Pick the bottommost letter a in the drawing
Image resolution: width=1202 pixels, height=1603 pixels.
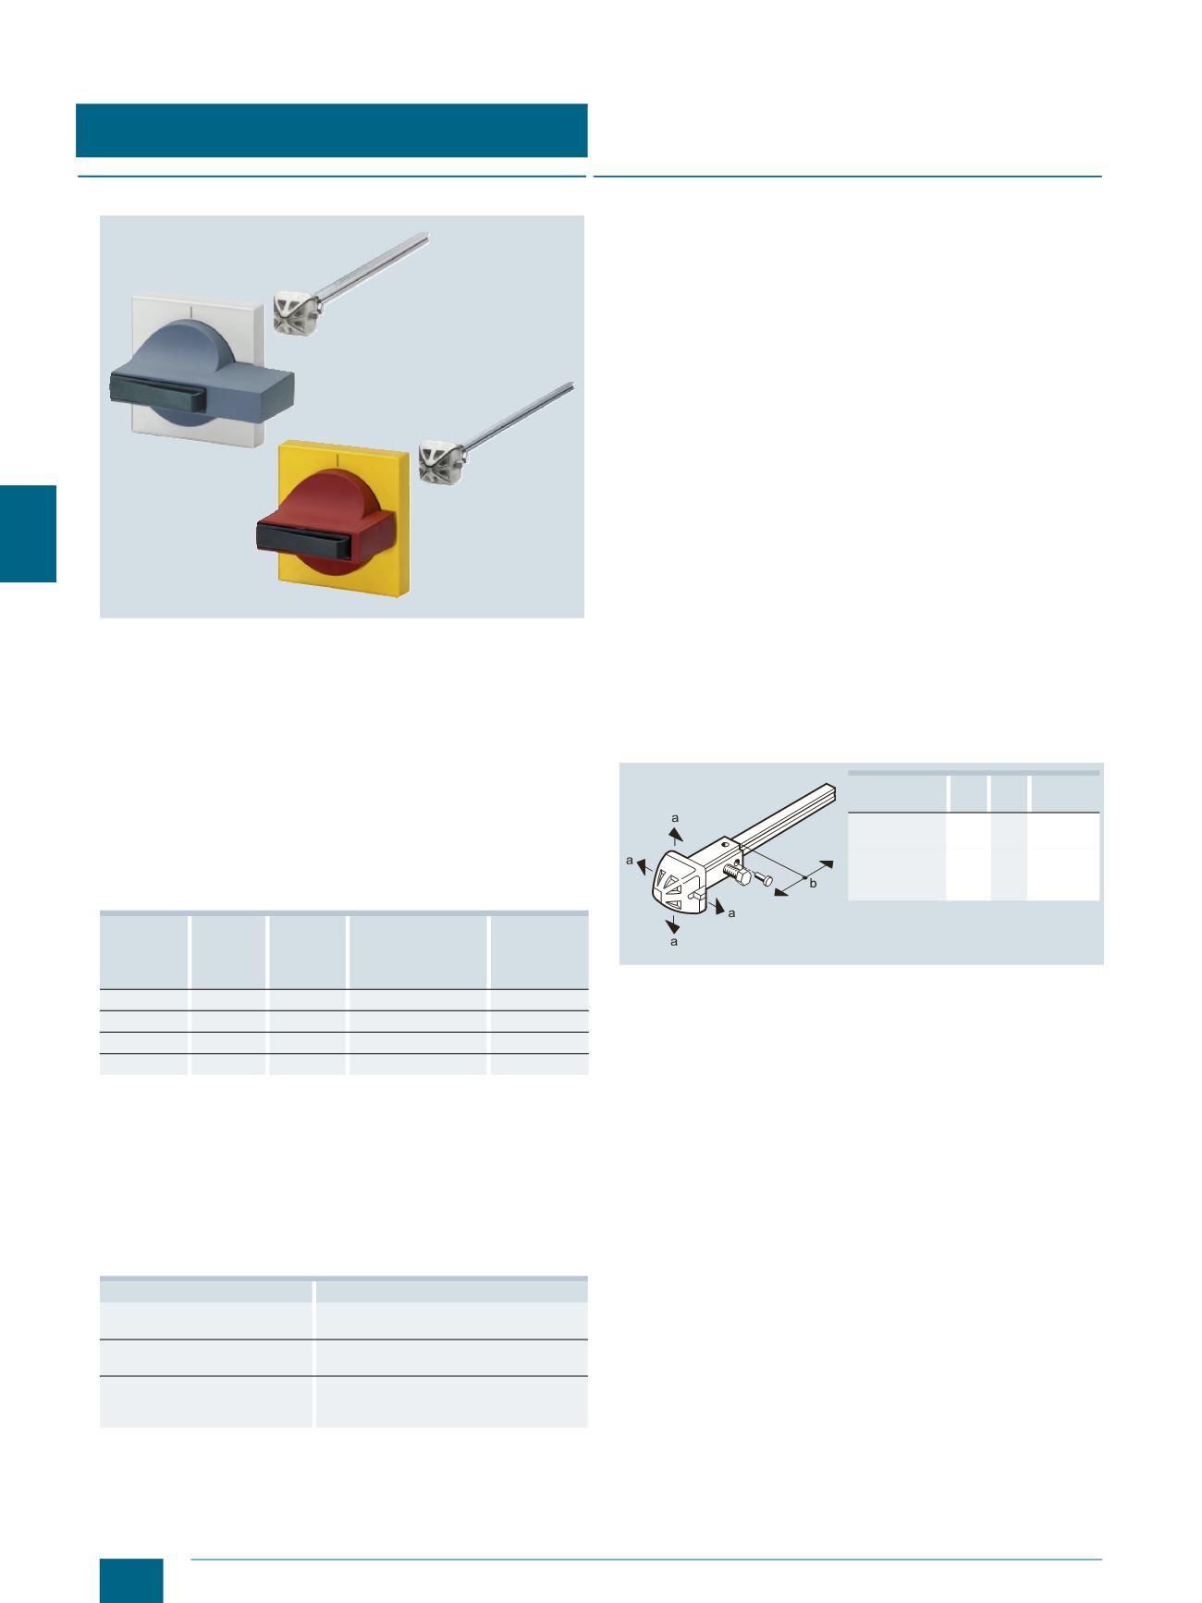click(674, 942)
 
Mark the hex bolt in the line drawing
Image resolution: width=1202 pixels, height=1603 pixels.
click(737, 872)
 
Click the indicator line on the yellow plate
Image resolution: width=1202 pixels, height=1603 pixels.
click(340, 459)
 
